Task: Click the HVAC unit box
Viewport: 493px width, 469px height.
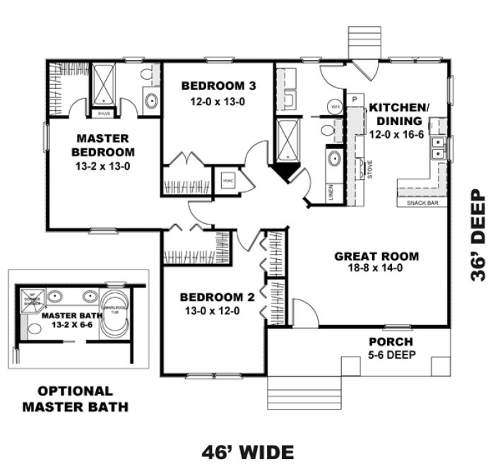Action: pyautogui.click(x=227, y=180)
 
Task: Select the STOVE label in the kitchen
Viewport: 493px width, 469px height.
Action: pyautogui.click(x=369, y=170)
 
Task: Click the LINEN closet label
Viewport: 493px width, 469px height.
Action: pyautogui.click(x=331, y=192)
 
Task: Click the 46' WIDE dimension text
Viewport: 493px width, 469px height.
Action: pyautogui.click(x=246, y=451)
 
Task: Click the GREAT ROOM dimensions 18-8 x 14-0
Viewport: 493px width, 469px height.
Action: pyautogui.click(x=377, y=269)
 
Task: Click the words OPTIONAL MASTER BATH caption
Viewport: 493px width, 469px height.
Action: pyautogui.click(x=75, y=398)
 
